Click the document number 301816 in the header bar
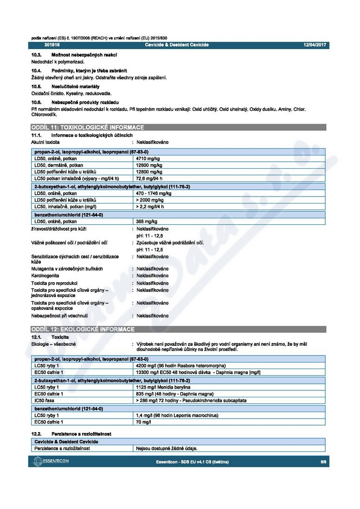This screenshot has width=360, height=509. [52, 45]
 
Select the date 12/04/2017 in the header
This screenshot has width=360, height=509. [315, 45]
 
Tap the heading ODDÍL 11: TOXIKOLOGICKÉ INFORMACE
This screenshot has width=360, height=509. [87, 127]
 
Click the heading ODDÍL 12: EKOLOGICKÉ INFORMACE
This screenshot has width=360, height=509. [83, 329]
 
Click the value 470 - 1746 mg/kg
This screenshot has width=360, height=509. [154, 193]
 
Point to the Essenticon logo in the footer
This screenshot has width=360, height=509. [51, 462]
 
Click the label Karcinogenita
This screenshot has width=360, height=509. [45, 276]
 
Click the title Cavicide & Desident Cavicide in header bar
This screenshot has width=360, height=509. [177, 45]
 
